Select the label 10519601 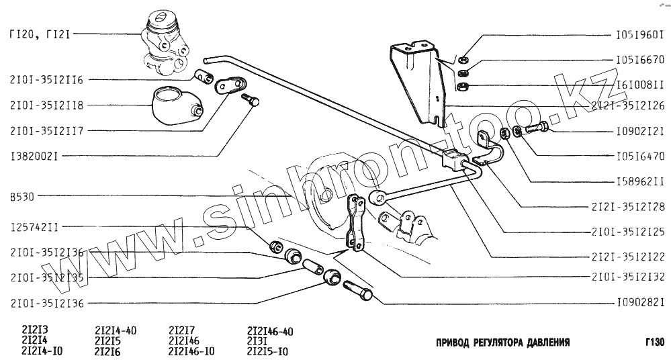tap(639, 34)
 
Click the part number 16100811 tap(639, 86)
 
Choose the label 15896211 tap(639, 182)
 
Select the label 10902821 tap(639, 302)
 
